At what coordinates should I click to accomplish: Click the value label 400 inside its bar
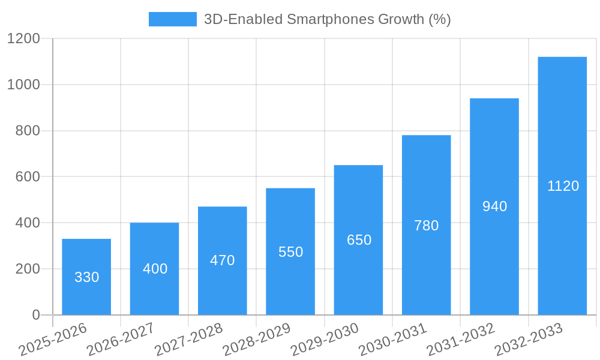coord(155,269)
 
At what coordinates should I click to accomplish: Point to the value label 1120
coord(563,186)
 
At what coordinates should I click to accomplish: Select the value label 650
coord(359,240)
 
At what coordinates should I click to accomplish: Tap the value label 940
coord(494,206)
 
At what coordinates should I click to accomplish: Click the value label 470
coord(222,260)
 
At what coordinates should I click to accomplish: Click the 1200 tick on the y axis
coord(23,39)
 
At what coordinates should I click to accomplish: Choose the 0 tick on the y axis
coord(35,315)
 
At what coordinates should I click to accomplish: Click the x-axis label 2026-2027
coord(121,340)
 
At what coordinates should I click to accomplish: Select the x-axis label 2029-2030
coord(325,340)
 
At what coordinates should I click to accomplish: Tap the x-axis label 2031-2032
coord(461,340)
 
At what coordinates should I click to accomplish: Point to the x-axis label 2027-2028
coord(188,340)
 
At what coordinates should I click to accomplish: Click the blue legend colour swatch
coord(172,19)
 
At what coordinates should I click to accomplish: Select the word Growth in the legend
coord(400,19)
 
